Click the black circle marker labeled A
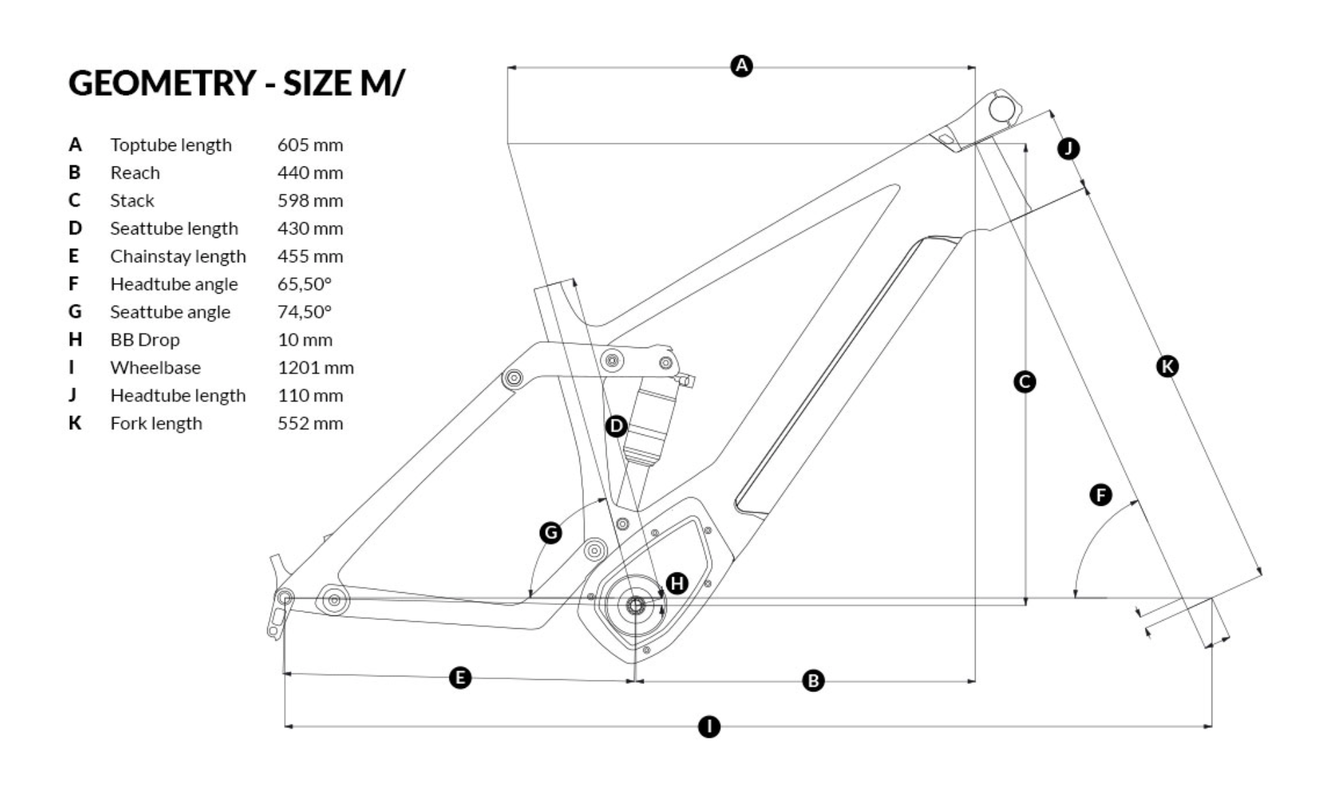point(741,66)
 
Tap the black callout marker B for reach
point(813,681)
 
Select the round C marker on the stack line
point(1025,381)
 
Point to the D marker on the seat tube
point(616,426)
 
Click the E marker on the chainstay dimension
point(460,678)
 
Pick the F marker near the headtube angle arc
point(1101,494)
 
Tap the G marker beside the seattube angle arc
point(551,532)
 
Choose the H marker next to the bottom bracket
point(677,583)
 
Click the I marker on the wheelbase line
point(709,727)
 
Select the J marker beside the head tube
point(1069,148)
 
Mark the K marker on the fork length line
point(1167,366)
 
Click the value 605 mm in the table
point(310,145)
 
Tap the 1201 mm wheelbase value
point(315,368)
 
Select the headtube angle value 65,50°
point(304,284)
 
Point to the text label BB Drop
point(145,340)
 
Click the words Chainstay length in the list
point(178,256)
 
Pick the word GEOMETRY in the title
point(162,83)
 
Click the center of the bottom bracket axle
point(635,605)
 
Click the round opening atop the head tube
point(1001,109)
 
